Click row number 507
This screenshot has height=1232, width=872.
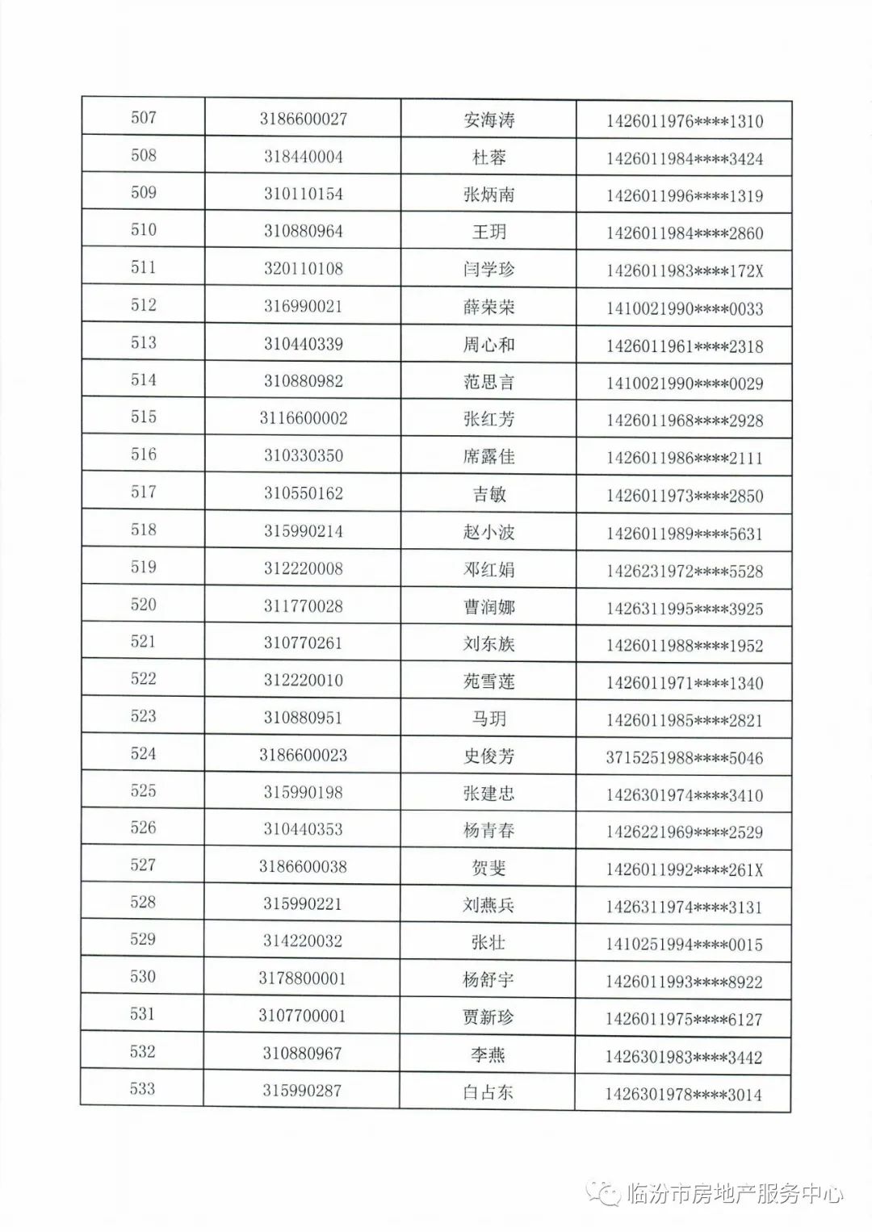[x=143, y=118]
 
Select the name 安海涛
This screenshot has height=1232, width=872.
[x=488, y=120]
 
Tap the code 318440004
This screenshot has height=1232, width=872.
[x=303, y=157]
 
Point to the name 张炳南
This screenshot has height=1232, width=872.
[x=488, y=195]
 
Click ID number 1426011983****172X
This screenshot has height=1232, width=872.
[x=684, y=271]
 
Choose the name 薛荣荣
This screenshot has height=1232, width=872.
[x=488, y=308]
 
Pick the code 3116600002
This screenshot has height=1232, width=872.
[x=303, y=418]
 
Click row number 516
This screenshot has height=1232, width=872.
[x=143, y=455]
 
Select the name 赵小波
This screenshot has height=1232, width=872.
[x=488, y=532]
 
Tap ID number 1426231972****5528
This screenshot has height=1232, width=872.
[x=684, y=572]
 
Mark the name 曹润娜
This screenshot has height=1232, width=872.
[x=488, y=607]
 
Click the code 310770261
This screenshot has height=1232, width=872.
[x=303, y=643]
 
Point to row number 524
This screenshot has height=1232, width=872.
[x=143, y=754]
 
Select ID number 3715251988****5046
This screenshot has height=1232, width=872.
[x=684, y=758]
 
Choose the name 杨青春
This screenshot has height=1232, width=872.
[x=488, y=830]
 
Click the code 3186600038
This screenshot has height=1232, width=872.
[x=303, y=866]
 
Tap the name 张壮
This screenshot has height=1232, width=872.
[x=488, y=942]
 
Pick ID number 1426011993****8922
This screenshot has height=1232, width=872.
[x=684, y=983]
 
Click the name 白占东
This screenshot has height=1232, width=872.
[x=488, y=1092]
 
